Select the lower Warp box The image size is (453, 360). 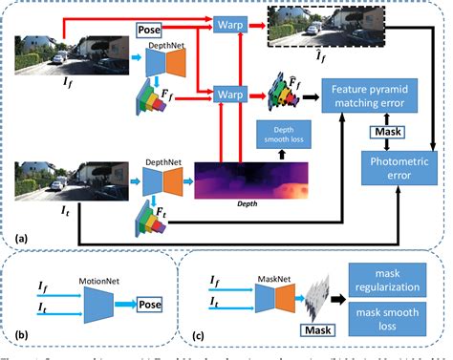(x=226, y=95)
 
